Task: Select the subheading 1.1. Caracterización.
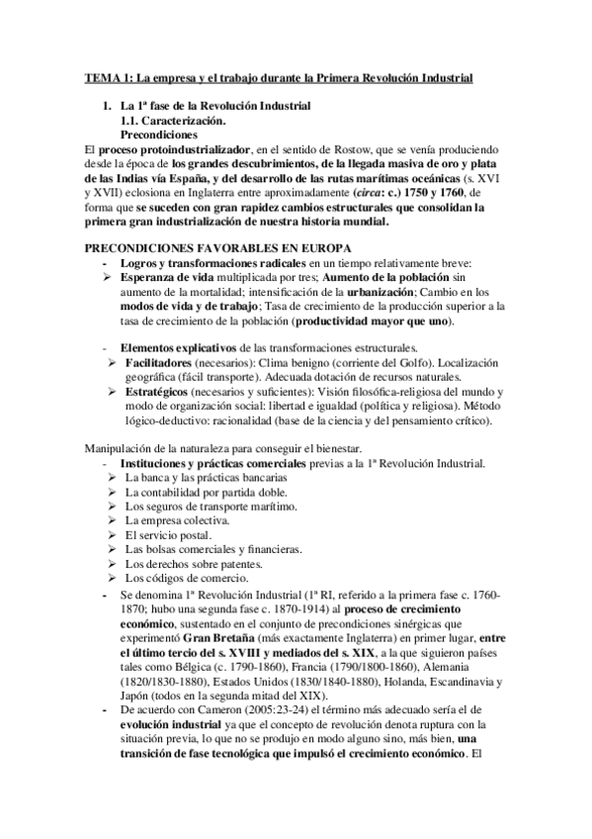[x=170, y=119]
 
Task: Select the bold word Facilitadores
[x=156, y=363]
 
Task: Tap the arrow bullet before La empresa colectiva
[x=112, y=519]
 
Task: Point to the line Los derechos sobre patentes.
[x=189, y=563]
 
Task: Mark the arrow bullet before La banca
[x=112, y=477]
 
